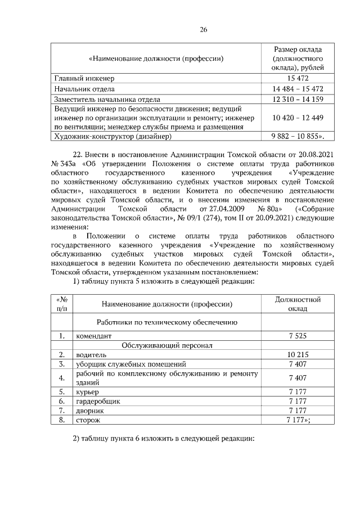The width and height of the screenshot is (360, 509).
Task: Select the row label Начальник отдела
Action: [x=84, y=89]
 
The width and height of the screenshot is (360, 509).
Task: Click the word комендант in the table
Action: [x=97, y=336]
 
